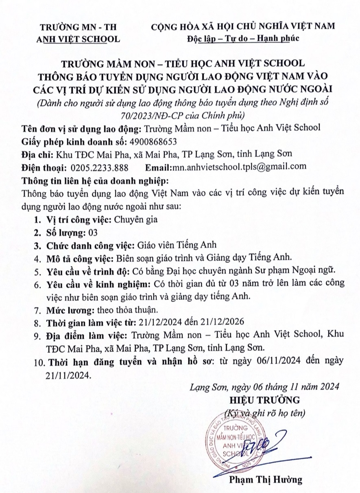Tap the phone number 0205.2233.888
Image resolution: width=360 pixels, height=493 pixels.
(x=99, y=167)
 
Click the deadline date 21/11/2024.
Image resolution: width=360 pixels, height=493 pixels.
(x=69, y=373)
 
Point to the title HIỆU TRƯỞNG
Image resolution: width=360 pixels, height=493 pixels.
(x=265, y=398)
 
